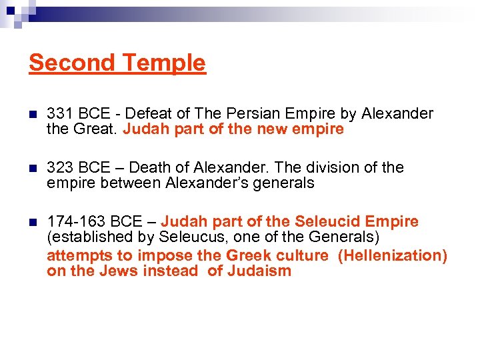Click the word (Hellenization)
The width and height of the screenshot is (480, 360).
tap(393, 255)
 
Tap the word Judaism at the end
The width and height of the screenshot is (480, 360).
tap(259, 271)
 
